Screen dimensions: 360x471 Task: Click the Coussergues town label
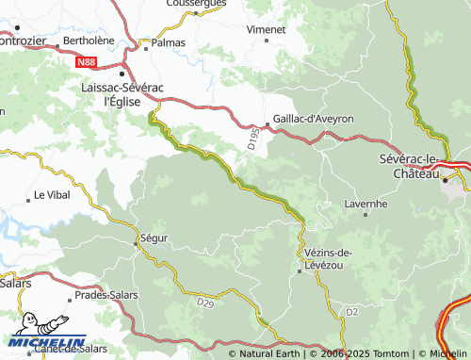click(196, 4)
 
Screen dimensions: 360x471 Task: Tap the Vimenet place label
click(266, 30)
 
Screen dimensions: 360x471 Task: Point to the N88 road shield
click(87, 62)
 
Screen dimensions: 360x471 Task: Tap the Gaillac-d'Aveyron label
click(313, 119)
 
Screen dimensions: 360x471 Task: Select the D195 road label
click(253, 139)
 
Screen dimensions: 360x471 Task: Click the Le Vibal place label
click(52, 195)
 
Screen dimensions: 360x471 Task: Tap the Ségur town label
click(154, 238)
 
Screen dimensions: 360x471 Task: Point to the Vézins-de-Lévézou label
click(329, 259)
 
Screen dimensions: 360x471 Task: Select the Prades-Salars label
click(106, 294)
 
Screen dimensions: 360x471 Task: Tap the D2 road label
click(351, 310)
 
